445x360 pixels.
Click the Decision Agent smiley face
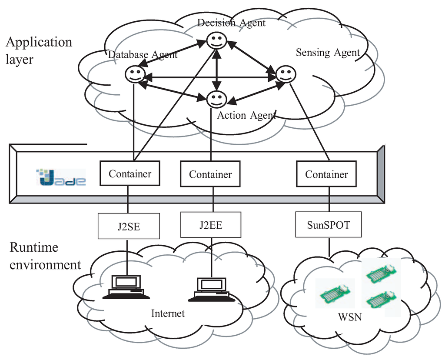point(216,41)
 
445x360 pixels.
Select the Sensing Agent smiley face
point(286,74)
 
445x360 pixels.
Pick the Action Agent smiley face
point(216,99)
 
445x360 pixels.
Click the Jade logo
point(61,177)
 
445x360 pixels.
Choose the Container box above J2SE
point(130,174)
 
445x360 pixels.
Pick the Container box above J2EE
point(210,174)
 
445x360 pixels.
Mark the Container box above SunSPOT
point(326,174)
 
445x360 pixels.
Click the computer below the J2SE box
point(126,287)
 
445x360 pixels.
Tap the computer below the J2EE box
point(211,289)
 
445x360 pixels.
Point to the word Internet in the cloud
point(168,313)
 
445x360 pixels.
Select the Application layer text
point(39,50)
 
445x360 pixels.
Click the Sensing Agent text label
point(328,53)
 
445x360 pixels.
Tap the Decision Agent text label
point(231,23)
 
